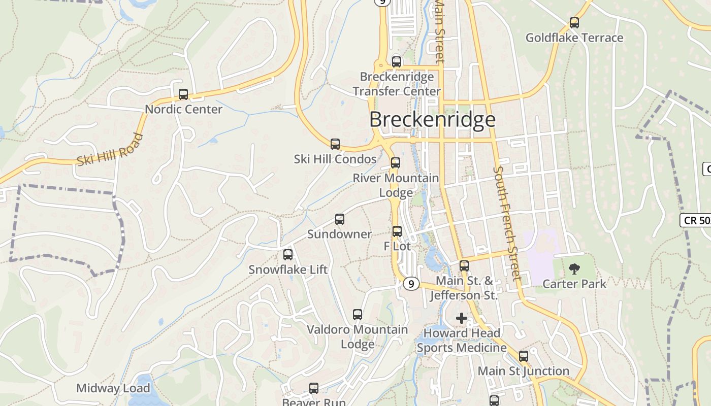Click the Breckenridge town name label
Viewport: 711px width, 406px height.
point(432,119)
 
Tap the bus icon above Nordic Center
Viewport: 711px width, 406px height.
point(183,94)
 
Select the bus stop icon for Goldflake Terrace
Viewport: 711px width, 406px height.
point(574,23)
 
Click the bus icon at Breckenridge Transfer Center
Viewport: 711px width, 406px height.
point(397,62)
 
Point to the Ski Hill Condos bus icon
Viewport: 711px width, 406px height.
point(335,144)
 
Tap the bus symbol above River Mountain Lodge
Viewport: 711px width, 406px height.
point(396,163)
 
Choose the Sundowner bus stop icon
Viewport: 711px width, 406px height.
point(340,219)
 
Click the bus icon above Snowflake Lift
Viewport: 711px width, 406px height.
point(288,254)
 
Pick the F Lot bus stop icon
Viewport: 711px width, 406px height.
point(397,231)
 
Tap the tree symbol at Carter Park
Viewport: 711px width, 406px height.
point(574,269)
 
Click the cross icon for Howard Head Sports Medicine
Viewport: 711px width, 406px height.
point(462,318)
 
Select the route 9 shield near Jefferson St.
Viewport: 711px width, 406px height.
point(411,284)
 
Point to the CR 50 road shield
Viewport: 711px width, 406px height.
point(695,220)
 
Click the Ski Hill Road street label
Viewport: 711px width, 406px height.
point(110,150)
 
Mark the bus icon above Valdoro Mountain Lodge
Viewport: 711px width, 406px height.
point(358,315)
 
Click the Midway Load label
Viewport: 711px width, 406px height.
point(113,388)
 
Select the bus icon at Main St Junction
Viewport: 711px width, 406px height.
point(524,356)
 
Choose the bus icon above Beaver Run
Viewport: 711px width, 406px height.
point(314,388)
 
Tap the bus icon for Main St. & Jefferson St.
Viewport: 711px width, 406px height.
point(464,266)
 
